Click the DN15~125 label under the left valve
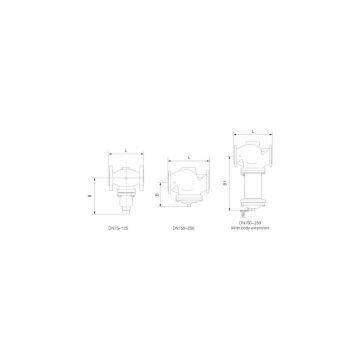[119, 228]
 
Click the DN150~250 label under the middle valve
[183, 228]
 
